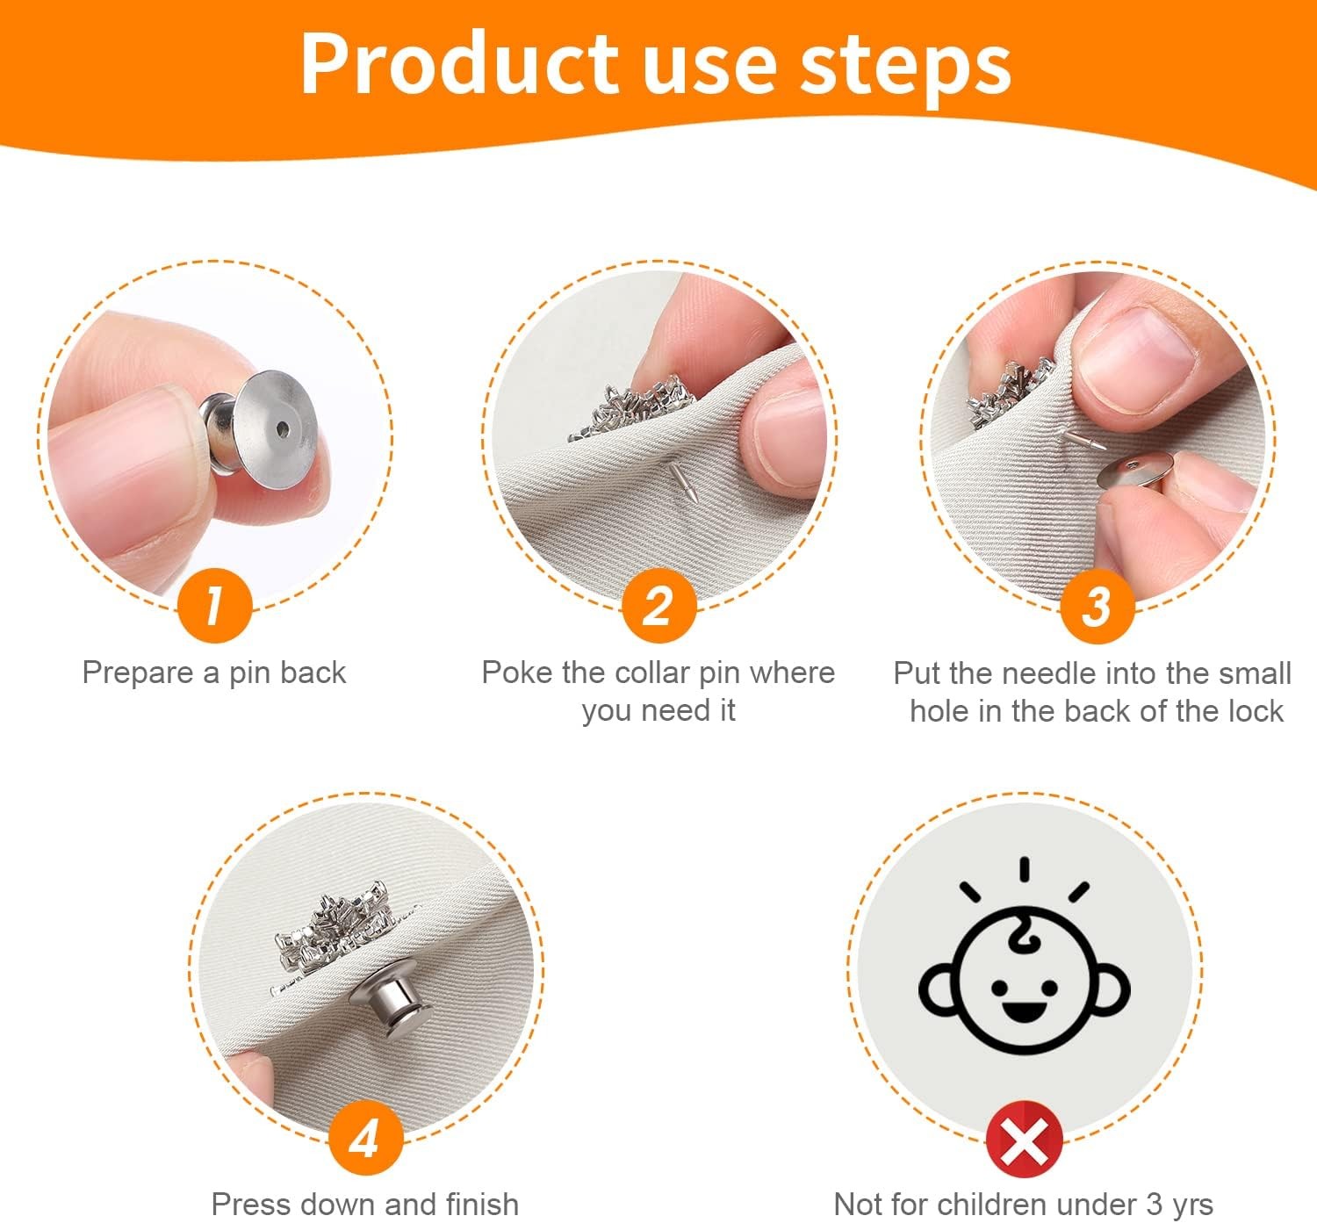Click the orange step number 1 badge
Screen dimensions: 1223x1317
(215, 606)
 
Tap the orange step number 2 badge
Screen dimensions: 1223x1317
(658, 606)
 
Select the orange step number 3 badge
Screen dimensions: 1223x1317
(1097, 606)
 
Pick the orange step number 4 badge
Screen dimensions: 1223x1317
(365, 1139)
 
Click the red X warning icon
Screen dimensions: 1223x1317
(1024, 1139)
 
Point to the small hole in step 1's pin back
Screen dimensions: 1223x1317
(282, 429)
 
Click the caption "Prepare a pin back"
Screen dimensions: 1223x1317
(214, 673)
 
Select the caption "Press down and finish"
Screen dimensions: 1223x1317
(365, 1203)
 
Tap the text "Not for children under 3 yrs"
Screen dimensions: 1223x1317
(1023, 1203)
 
